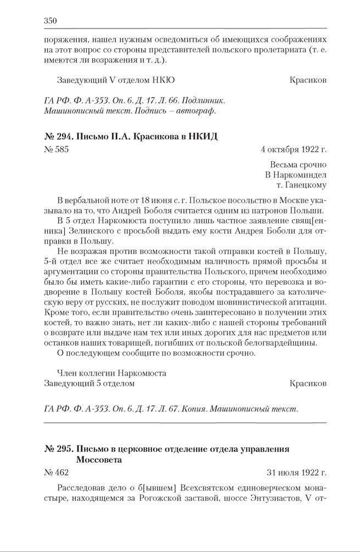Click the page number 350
point(50,21)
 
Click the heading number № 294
point(59,137)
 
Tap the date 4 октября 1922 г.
point(294,150)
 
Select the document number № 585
point(57,150)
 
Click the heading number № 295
point(59,449)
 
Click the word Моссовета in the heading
point(99,460)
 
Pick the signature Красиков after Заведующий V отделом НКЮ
point(308,80)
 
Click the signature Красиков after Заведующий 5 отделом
point(308,384)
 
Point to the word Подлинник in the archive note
point(206,102)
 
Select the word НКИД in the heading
point(203,137)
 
